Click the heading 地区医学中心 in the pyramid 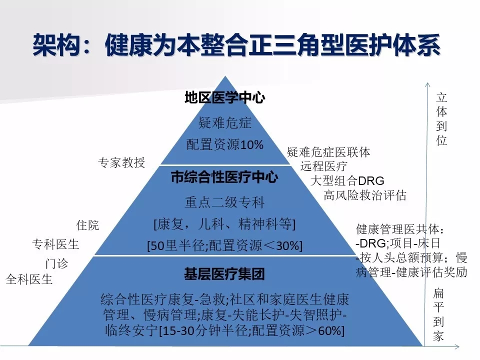224,97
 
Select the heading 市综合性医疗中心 224,177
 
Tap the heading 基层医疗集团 224,273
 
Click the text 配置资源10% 225,144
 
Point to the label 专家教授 121,162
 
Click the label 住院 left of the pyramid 87,225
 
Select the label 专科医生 55,244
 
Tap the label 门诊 56,263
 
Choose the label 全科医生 29,279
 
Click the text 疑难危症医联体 328,152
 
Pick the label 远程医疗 324,166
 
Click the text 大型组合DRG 347,180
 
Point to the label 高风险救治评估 365,195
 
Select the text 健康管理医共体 397,229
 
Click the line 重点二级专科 224,202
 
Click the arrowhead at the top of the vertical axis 427,84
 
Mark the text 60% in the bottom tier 329,330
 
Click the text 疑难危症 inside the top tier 225,123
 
